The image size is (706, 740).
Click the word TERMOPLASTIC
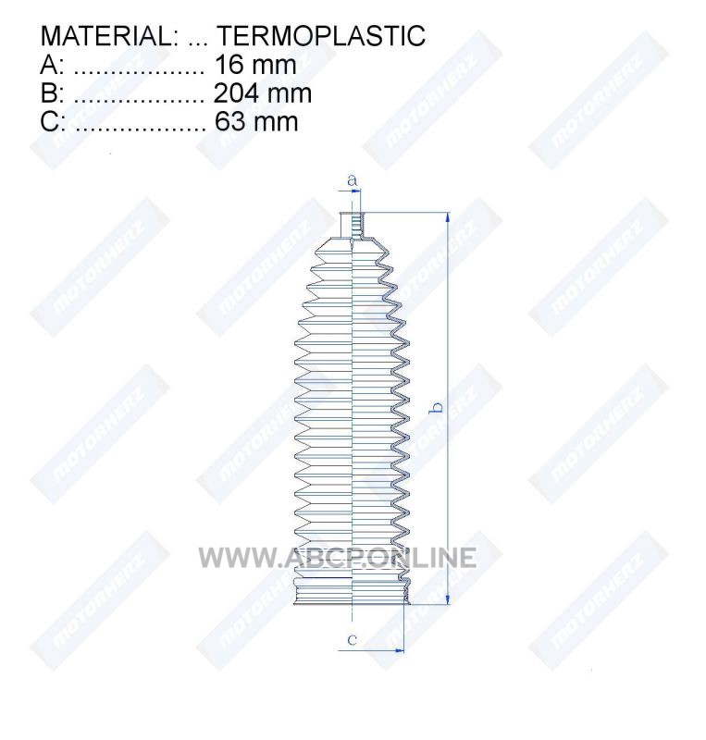[321, 36]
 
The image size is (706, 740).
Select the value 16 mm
[255, 65]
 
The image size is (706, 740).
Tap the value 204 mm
[263, 93]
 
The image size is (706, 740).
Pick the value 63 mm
[256, 121]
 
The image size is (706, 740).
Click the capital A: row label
[52, 65]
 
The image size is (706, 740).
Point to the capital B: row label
[52, 93]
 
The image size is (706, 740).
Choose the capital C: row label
[53, 121]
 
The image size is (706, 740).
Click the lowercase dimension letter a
[353, 180]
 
